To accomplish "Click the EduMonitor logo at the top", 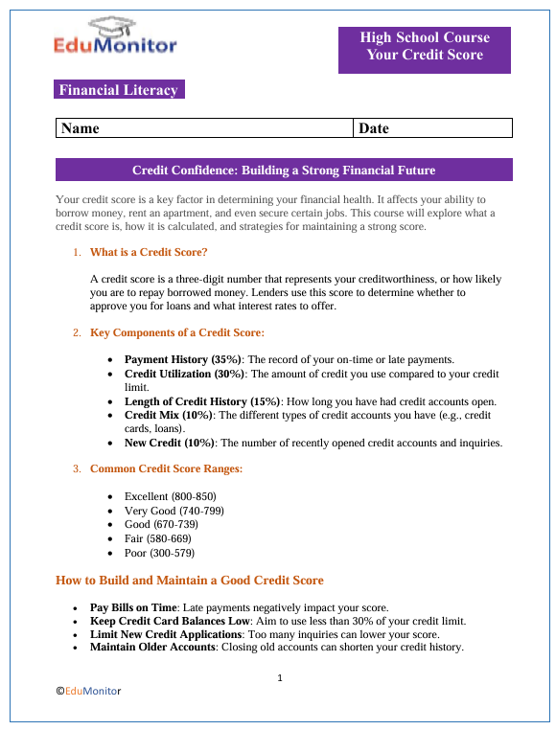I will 116,37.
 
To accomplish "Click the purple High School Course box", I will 425,47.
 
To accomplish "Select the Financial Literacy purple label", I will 119,90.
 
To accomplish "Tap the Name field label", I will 81,128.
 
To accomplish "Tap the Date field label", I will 374,128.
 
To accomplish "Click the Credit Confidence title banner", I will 284,171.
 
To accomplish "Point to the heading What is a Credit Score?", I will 149,253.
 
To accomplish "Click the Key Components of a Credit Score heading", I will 177,333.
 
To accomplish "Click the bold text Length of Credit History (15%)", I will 202,401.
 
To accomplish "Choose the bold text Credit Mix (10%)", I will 165,415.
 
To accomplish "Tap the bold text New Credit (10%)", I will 171,443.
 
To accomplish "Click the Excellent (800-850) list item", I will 170,497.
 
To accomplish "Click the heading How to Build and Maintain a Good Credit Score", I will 190,581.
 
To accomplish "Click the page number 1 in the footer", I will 279,678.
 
